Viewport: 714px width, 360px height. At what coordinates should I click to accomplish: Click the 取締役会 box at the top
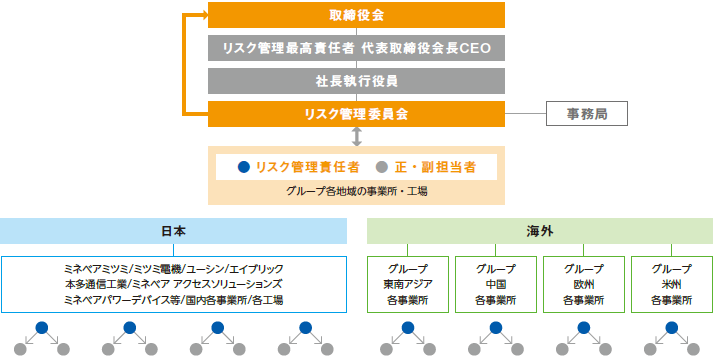[x=356, y=16]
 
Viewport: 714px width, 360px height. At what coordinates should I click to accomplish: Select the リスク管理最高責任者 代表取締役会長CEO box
[x=356, y=48]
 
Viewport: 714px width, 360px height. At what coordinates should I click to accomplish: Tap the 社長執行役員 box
[x=356, y=81]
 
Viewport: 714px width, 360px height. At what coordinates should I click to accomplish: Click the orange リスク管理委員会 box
[x=356, y=113]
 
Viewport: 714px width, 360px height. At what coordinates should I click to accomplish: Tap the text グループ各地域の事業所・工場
[x=356, y=191]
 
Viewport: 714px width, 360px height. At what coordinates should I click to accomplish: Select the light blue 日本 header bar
[x=173, y=231]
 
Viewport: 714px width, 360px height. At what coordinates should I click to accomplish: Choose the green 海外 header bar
[x=539, y=231]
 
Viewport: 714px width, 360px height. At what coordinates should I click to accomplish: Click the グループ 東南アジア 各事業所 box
[x=407, y=284]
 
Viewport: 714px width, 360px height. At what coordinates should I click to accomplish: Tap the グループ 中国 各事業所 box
[x=495, y=284]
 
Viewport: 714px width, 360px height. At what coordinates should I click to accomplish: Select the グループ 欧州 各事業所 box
[x=583, y=284]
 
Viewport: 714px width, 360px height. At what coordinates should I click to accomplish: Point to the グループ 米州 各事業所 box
[x=671, y=284]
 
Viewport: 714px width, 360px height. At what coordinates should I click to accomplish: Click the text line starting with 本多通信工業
[x=173, y=284]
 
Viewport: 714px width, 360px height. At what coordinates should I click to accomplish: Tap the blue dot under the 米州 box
[x=671, y=328]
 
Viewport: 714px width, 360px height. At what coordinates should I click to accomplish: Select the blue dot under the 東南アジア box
[x=407, y=328]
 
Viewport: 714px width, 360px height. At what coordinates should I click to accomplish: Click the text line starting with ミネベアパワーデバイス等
[x=173, y=299]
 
